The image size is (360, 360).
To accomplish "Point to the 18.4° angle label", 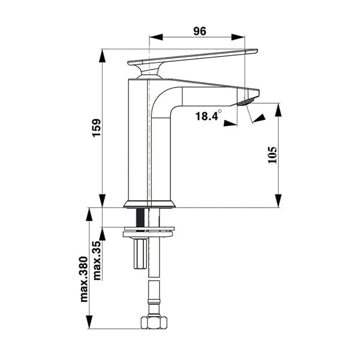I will [x=208, y=116].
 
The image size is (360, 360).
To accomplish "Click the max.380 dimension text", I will [x=84, y=280].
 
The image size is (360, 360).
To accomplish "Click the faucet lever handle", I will [x=192, y=56].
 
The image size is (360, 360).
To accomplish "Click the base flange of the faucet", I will [x=149, y=204].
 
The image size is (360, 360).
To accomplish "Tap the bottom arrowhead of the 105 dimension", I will [x=279, y=201].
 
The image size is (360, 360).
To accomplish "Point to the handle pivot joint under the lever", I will [x=147, y=73].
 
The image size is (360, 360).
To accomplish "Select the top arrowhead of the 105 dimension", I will [x=279, y=110].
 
